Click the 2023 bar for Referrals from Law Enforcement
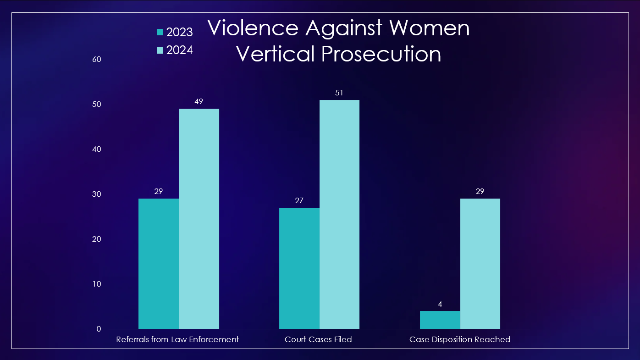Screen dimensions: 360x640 pos(159,264)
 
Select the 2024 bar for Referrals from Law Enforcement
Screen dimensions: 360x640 pos(199,219)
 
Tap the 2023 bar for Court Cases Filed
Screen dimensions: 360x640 pos(299,268)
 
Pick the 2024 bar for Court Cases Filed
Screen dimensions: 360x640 pos(339,214)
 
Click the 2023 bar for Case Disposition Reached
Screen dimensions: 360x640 pos(440,320)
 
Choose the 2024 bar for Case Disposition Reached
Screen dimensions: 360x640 pos(480,264)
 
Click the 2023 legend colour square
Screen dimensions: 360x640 pos(160,32)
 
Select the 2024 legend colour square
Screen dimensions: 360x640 pos(160,50)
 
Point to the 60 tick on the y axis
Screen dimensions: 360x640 pos(96,59)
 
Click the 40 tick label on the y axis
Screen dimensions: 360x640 pos(96,149)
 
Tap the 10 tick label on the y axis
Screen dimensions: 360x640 pos(96,284)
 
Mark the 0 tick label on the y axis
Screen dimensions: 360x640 pos(99,329)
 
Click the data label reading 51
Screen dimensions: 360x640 pos(339,93)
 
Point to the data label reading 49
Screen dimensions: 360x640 pos(199,101)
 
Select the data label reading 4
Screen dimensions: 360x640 pos(440,304)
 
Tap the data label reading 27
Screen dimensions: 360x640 pos(299,200)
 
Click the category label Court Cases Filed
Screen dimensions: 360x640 pos(318,339)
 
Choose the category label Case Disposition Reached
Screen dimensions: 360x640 pos(460,339)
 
